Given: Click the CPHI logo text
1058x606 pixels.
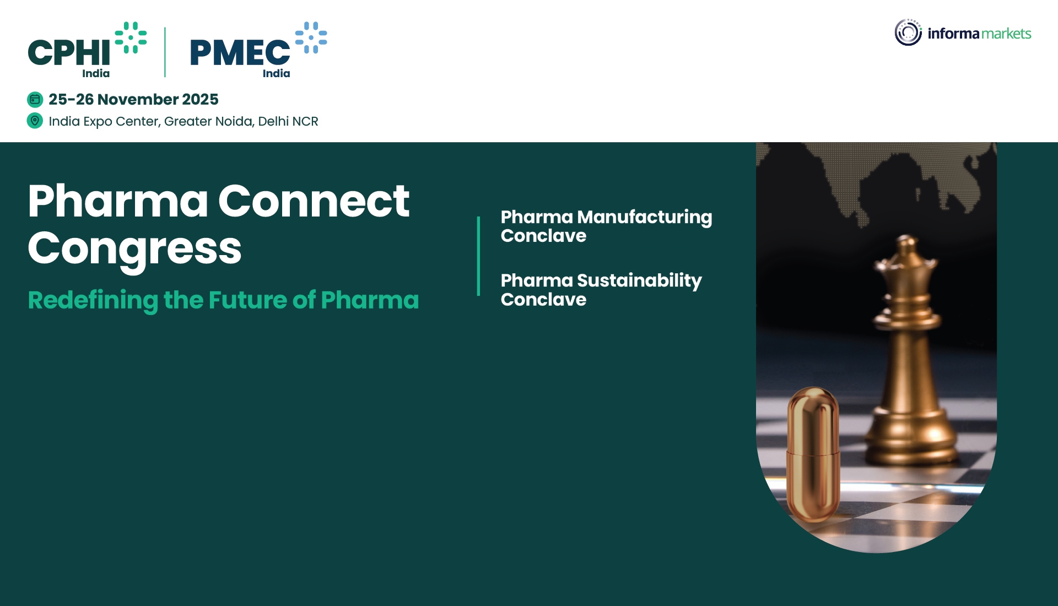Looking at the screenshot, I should click(x=69, y=53).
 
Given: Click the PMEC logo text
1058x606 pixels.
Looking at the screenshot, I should click(x=240, y=53).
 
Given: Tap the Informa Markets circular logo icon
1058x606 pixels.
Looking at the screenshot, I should click(x=908, y=33).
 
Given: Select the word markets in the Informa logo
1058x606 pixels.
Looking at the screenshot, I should click(x=1006, y=34).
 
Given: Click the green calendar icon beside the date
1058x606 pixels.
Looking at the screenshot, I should click(x=35, y=99).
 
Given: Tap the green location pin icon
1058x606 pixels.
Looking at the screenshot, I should click(x=35, y=121).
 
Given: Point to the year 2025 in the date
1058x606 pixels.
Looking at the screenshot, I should click(x=200, y=99).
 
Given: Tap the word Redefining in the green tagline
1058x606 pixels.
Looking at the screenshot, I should click(x=93, y=300).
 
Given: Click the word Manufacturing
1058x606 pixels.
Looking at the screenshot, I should click(x=644, y=217).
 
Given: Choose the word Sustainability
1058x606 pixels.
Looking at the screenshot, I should click(x=639, y=280).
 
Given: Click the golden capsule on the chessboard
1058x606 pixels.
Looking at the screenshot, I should click(x=813, y=454).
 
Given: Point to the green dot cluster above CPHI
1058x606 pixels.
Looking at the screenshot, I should click(x=131, y=37).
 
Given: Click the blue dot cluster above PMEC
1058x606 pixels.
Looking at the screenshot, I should click(x=311, y=37).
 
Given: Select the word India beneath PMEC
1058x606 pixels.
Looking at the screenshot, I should click(x=276, y=73).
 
